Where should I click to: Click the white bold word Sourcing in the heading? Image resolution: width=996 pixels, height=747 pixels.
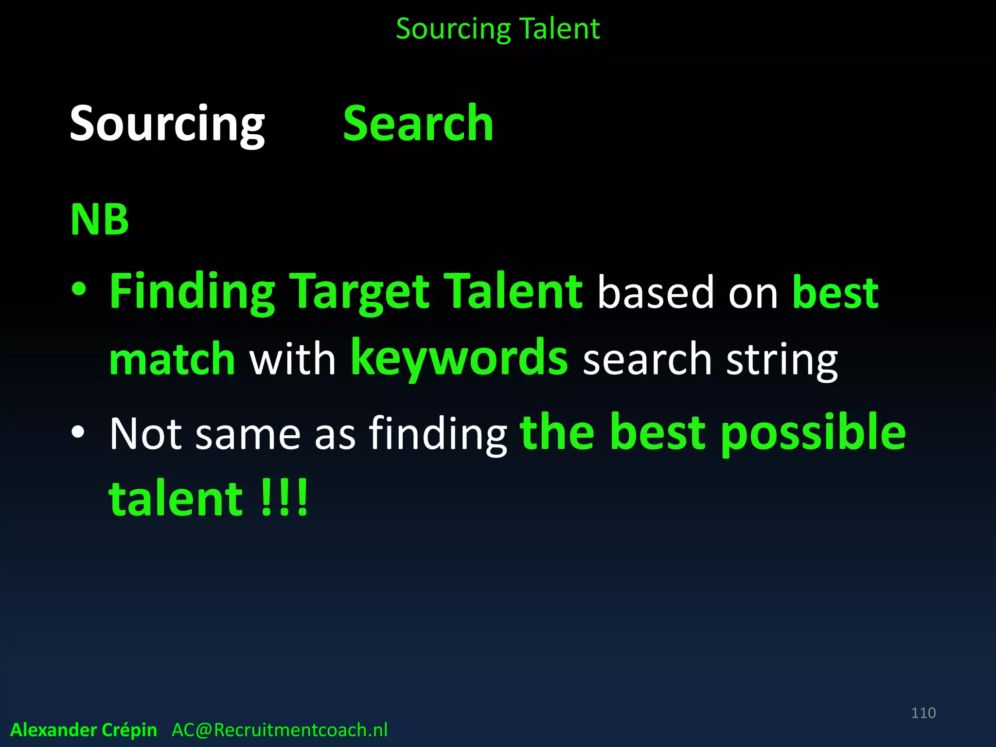click(x=167, y=124)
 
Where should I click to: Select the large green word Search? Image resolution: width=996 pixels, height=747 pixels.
click(x=418, y=124)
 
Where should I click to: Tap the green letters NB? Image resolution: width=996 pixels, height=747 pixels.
click(x=100, y=219)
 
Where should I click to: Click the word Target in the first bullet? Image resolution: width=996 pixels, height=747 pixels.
click(x=360, y=292)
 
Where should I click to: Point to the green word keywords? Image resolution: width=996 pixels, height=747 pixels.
click(x=459, y=359)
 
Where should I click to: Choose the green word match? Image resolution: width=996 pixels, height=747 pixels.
click(x=172, y=359)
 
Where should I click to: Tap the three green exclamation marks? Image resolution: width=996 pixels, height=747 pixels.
click(x=285, y=498)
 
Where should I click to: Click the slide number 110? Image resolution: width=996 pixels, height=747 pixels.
click(x=923, y=713)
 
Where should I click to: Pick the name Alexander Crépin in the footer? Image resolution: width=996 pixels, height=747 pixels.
click(x=84, y=730)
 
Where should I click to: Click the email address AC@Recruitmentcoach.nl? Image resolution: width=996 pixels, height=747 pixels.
click(x=280, y=730)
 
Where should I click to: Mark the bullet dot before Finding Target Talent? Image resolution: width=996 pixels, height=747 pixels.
click(x=78, y=290)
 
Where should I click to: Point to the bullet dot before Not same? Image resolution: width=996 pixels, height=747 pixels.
click(x=78, y=431)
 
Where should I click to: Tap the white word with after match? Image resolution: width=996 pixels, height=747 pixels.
click(x=292, y=359)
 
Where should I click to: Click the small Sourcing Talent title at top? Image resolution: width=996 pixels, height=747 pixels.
click(x=498, y=29)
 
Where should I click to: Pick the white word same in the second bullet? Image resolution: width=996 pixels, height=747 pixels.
click(x=248, y=434)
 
